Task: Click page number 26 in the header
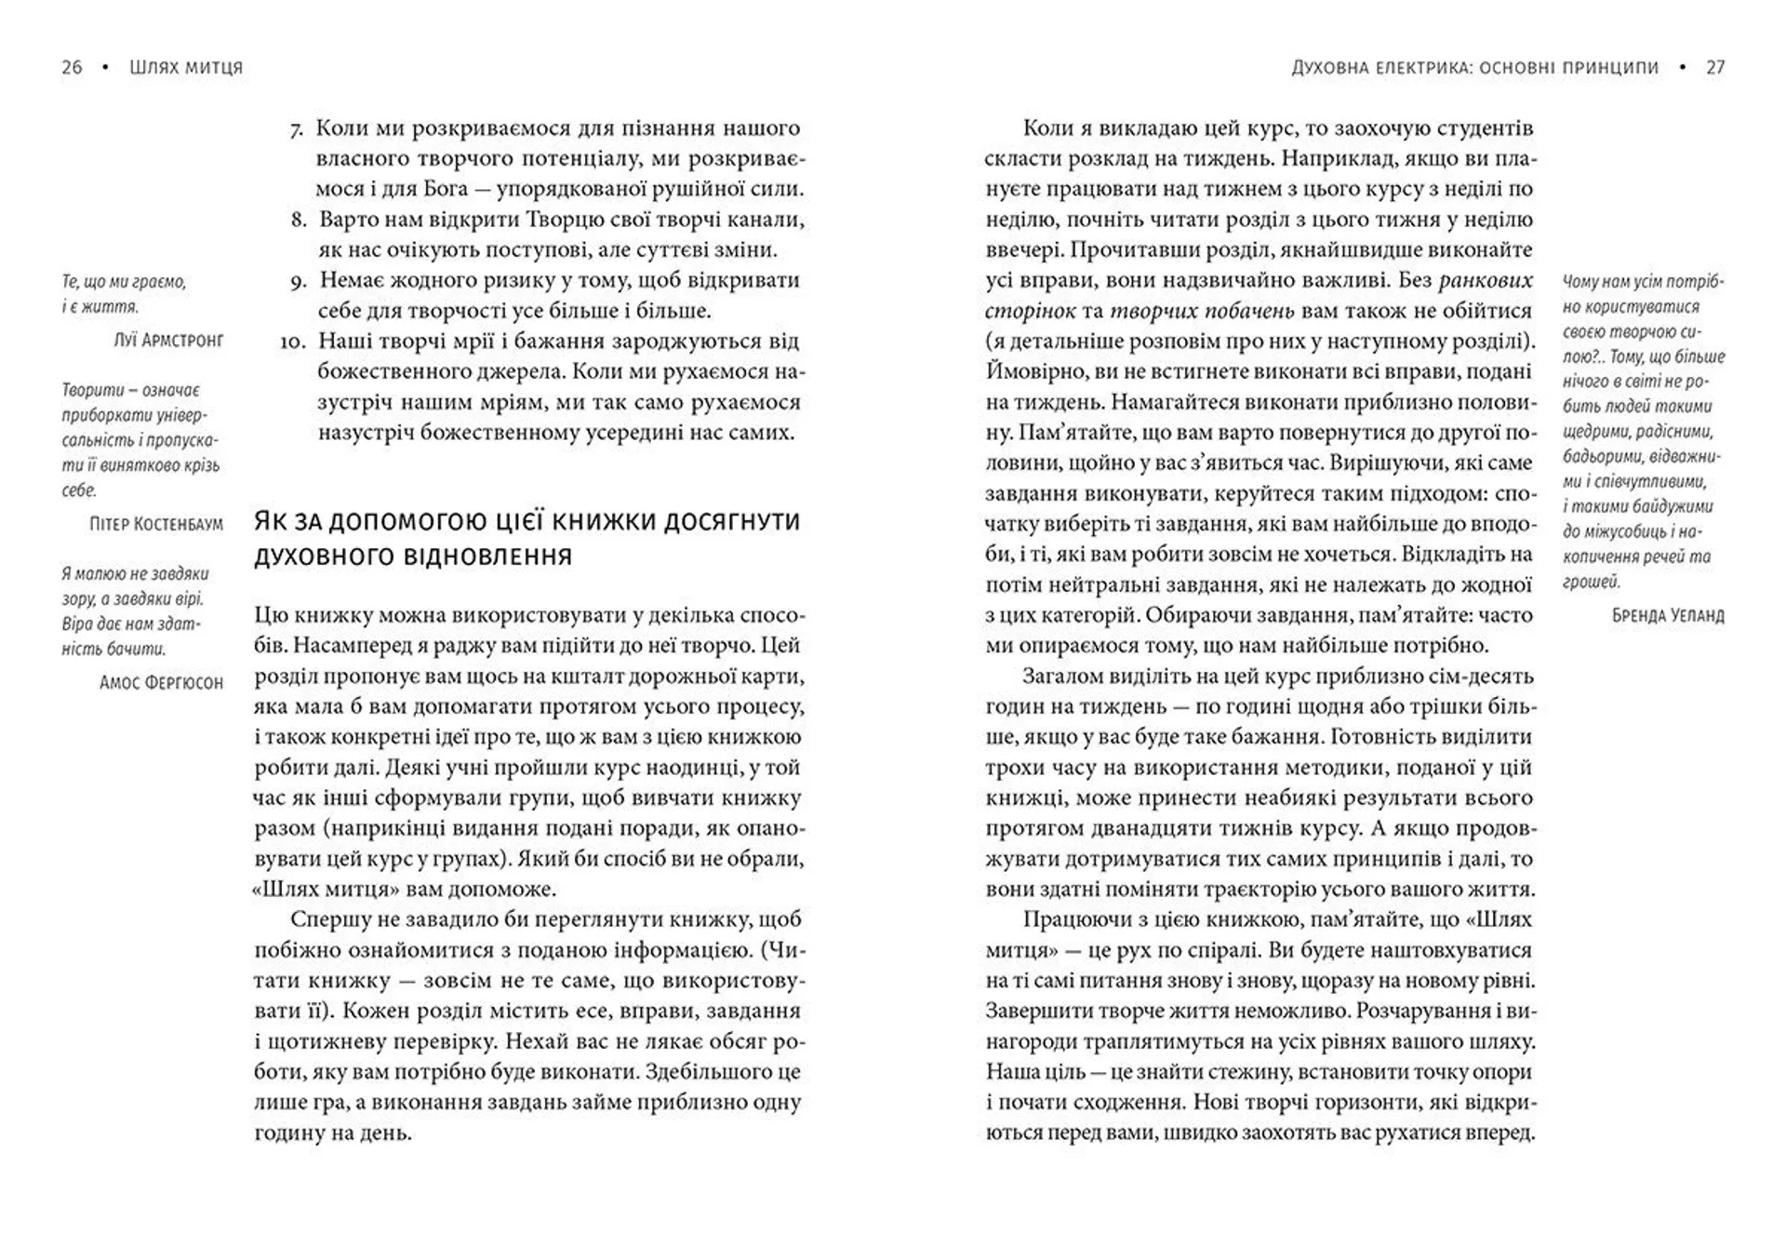pos(72,67)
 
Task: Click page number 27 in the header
pos(1715,67)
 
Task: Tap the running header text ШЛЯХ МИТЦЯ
pos(186,67)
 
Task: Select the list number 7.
pos(297,129)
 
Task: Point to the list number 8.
pos(298,221)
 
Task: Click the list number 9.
pos(298,281)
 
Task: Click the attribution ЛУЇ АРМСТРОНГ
pos(168,341)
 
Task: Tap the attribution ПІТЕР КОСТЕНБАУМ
pos(156,524)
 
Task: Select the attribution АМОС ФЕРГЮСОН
pos(161,683)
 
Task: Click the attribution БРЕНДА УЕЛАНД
pos(1668,616)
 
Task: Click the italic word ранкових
pos(1485,280)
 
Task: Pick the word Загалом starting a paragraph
pos(1066,677)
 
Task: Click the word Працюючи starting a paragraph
pos(1073,919)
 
